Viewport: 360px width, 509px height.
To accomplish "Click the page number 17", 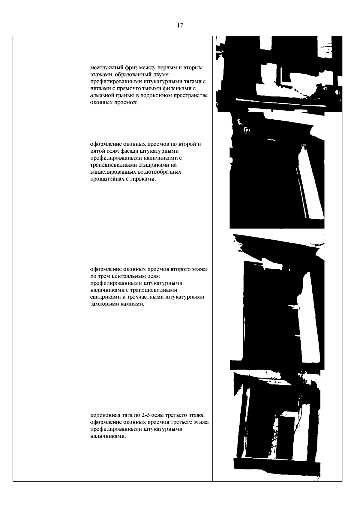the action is (180, 25).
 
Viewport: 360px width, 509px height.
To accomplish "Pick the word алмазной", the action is (101, 95).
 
